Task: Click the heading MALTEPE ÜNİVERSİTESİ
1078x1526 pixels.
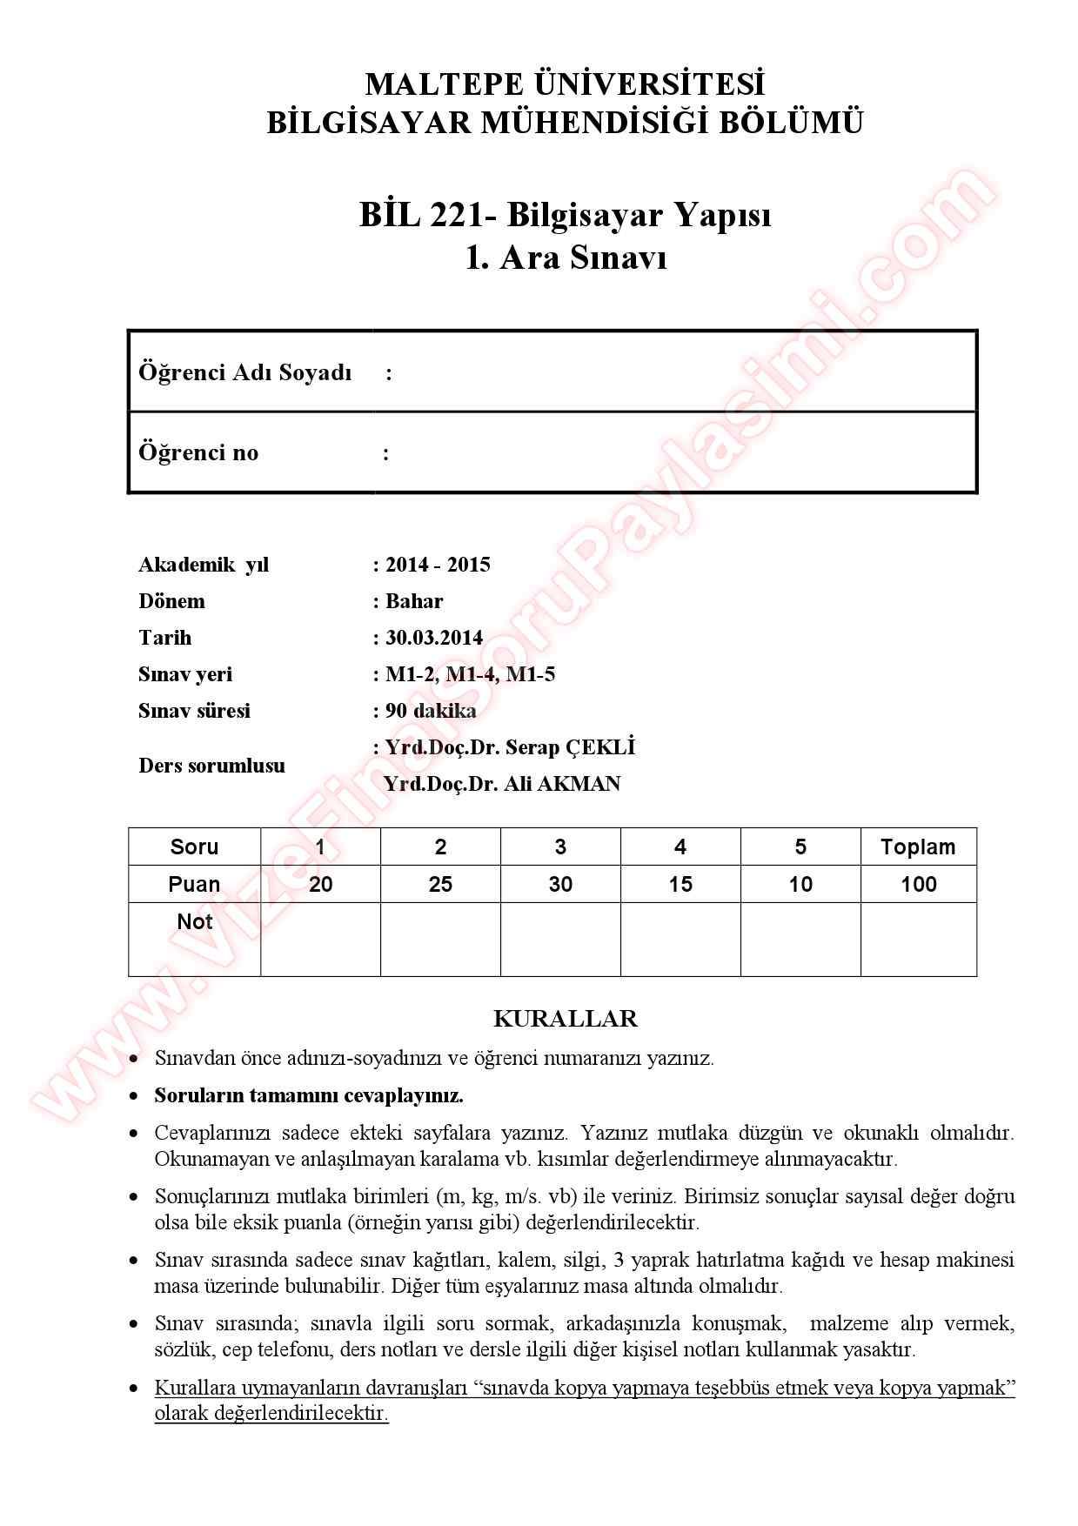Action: (565, 84)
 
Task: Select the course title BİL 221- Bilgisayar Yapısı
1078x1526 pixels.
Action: (565, 214)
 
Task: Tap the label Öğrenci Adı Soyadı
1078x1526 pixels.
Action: (244, 372)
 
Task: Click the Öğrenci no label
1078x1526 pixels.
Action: (198, 452)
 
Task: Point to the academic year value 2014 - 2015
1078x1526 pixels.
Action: (438, 565)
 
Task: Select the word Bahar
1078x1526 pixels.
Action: (414, 601)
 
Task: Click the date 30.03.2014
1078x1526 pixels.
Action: (433, 638)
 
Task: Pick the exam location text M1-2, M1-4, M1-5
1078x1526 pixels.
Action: (470, 674)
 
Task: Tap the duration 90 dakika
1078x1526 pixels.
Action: (431, 711)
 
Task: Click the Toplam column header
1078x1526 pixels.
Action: (918, 847)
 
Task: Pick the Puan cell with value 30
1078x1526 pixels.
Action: (560, 884)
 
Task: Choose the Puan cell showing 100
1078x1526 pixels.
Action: (918, 884)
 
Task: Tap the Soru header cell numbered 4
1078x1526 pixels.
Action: (680, 847)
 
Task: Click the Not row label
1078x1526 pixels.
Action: (194, 921)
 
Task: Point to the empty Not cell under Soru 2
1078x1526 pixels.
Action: (440, 939)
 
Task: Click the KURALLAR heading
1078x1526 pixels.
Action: (565, 1018)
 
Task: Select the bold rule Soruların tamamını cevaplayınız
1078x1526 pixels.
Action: (309, 1095)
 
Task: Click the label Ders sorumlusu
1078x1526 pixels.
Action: (211, 766)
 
